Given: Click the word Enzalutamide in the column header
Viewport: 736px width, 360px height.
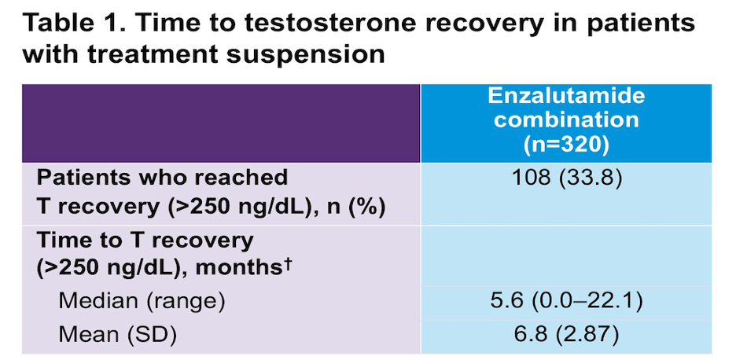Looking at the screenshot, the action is coord(566,96).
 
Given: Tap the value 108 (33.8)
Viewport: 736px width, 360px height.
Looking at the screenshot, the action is coord(566,179).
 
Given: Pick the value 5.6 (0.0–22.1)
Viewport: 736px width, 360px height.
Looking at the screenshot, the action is coord(566,302).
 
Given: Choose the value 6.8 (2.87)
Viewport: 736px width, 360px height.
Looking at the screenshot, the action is coord(566,336).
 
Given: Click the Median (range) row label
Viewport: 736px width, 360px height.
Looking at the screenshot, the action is coord(142,302).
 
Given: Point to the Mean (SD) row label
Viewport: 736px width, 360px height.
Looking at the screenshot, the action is coord(117,336).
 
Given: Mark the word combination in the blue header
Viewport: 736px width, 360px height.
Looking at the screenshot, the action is coord(566,120).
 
